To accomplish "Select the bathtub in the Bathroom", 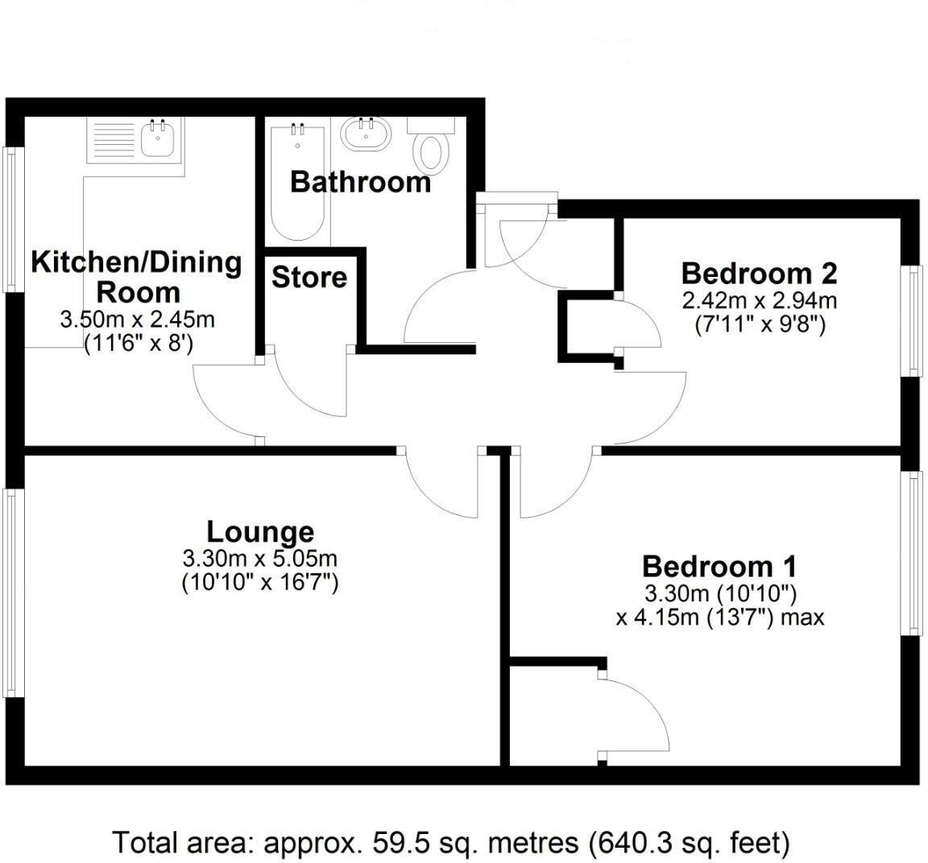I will click(x=299, y=181).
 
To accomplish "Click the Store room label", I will click(x=309, y=277).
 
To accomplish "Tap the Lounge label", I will click(x=260, y=531).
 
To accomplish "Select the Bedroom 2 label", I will click(x=759, y=273).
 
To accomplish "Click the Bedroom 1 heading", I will click(x=719, y=566).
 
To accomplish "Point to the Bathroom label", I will click(x=360, y=182).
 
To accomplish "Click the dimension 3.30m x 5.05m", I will click(x=260, y=558).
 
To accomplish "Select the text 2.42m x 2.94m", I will click(x=759, y=301).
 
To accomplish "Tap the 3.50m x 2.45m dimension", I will click(x=137, y=320).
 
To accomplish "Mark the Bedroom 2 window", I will click(x=915, y=320).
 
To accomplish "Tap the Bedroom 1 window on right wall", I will click(x=915, y=553).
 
